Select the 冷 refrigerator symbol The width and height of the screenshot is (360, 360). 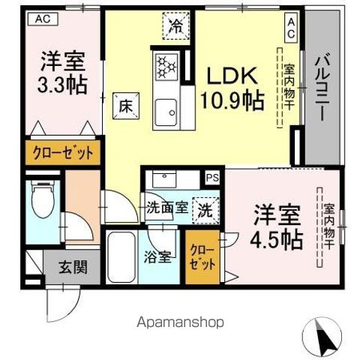175,28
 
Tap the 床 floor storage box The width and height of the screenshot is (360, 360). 124,106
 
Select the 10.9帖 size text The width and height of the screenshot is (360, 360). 231,100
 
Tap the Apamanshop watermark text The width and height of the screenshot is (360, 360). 179,322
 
